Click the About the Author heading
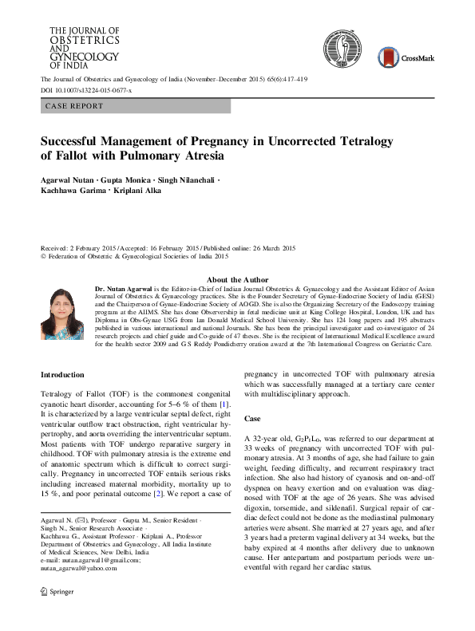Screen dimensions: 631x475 (238, 280)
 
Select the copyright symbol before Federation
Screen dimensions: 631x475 (44, 257)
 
